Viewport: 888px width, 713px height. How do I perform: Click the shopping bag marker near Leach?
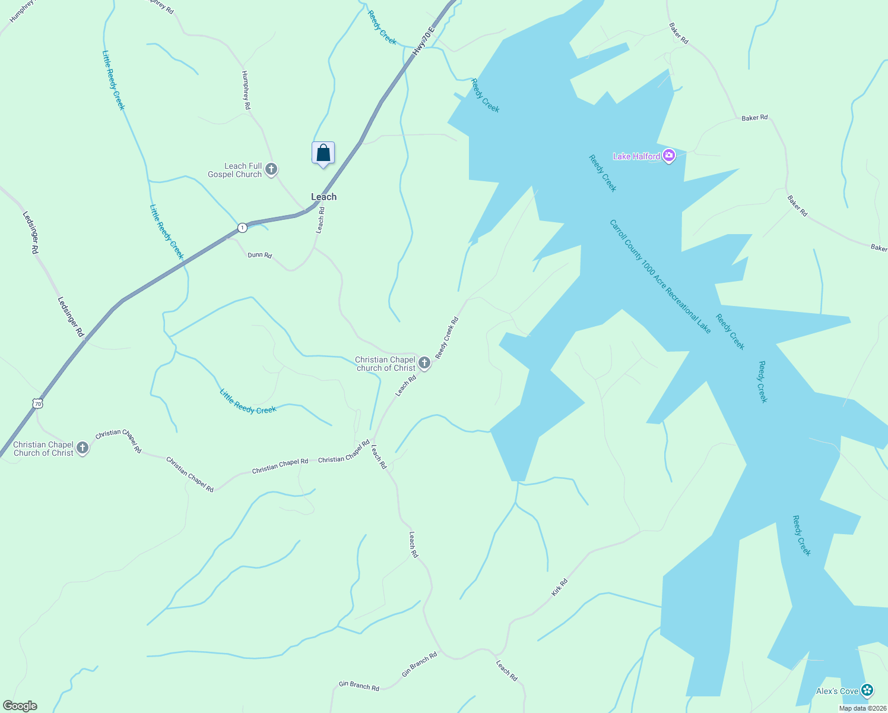tap(323, 153)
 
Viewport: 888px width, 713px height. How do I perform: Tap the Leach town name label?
tap(324, 197)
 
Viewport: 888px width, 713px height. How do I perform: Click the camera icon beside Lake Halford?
tap(669, 156)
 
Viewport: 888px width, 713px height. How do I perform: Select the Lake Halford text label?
tap(636, 156)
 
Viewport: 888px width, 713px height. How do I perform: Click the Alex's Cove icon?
tap(867, 690)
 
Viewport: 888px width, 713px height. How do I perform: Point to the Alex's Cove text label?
tap(837, 691)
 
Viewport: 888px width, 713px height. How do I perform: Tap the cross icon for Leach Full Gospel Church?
tap(271, 170)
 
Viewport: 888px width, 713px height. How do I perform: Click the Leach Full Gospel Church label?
tap(234, 171)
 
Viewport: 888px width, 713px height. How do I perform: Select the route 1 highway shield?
tap(242, 228)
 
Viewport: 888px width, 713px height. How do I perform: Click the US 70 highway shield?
tap(38, 403)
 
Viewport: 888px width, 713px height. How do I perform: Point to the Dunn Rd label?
tap(259, 255)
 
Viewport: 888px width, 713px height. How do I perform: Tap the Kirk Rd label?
tap(559, 587)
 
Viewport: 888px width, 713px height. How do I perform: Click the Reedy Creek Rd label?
tap(447, 337)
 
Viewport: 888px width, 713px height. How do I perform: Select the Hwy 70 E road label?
tap(424, 41)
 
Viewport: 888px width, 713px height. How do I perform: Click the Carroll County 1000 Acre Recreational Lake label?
tap(660, 276)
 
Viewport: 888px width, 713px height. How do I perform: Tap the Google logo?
tap(20, 706)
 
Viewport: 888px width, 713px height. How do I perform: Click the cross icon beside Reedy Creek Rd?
tap(424, 363)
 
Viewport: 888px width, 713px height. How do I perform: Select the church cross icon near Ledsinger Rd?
tap(83, 449)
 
